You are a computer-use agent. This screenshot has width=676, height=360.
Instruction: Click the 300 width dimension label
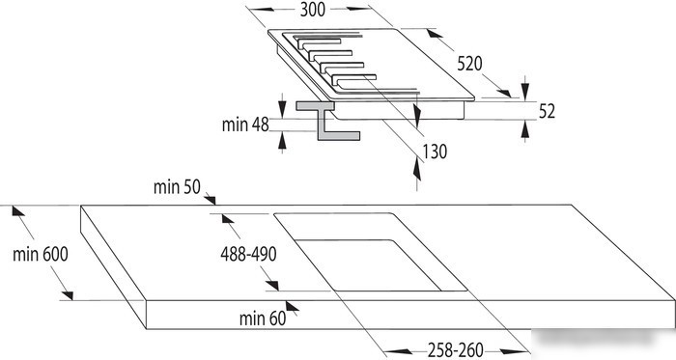click(x=313, y=10)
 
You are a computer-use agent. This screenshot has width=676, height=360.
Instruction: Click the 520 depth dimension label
click(x=469, y=64)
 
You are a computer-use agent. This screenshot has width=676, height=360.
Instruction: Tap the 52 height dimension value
click(x=547, y=111)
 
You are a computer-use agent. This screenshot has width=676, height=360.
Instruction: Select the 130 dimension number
click(x=435, y=152)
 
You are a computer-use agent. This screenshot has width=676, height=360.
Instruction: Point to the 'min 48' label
click(x=245, y=125)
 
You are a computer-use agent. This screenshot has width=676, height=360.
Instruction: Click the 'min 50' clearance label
click(x=177, y=187)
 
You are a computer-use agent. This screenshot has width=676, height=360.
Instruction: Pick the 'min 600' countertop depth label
click(x=41, y=254)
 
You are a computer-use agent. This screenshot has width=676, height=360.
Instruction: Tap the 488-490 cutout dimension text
click(x=248, y=254)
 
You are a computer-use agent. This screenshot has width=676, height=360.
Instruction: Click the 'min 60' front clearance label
click(x=263, y=318)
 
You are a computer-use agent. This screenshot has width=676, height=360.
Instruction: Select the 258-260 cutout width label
click(x=455, y=349)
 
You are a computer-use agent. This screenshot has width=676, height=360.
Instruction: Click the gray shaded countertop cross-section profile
click(x=327, y=121)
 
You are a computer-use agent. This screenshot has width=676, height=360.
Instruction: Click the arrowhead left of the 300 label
click(x=262, y=9)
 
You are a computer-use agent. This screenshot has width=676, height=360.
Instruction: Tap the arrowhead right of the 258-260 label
click(x=513, y=351)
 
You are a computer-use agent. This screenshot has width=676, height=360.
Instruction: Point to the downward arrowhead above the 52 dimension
click(x=524, y=91)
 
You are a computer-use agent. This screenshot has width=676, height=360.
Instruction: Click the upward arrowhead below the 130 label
click(x=416, y=170)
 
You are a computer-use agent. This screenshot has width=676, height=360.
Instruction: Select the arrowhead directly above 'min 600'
click(x=17, y=211)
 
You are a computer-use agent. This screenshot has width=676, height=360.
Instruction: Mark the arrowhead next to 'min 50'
click(x=210, y=199)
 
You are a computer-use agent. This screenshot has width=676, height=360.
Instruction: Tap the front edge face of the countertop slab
click(x=410, y=315)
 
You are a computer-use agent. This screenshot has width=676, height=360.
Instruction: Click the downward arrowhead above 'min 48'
click(x=282, y=108)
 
